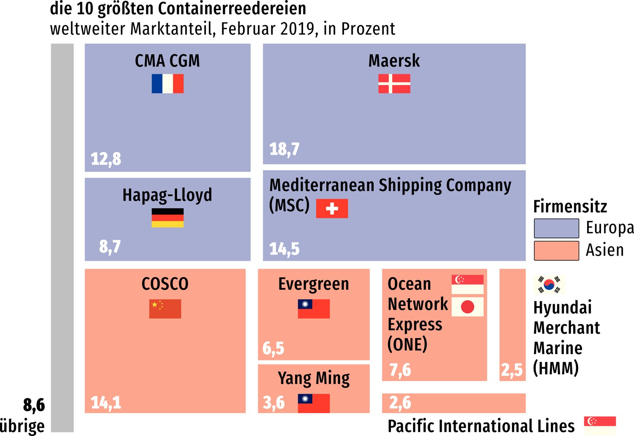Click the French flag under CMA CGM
coord(167,84)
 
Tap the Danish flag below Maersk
coord(394,84)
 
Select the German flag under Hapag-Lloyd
coord(167,218)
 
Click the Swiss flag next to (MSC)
coord(332,208)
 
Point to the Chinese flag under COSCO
coord(165,309)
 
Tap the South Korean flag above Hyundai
coord(549,285)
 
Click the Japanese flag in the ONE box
coord(467,307)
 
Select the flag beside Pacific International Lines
coord(600,425)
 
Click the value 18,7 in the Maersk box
coord(284,149)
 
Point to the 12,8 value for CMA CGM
coord(106,159)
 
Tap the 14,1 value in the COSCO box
coord(106,403)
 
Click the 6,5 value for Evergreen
coord(273,349)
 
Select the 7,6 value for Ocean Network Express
coord(400,370)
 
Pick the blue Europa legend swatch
coord(556,229)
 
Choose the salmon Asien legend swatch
coord(556,251)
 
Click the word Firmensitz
coord(570,207)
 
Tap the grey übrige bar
coord(62,237)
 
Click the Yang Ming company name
coord(314,379)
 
